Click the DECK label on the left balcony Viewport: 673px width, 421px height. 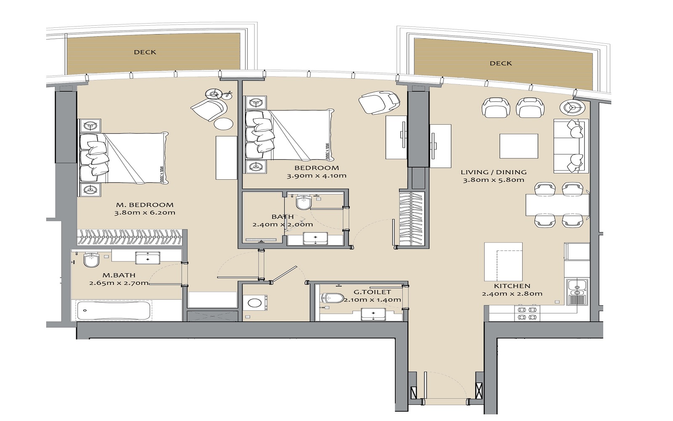[x=145, y=52]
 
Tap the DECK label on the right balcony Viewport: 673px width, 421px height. [x=501, y=63]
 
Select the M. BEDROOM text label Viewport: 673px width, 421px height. [x=145, y=205]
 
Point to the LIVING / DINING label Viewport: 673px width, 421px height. [x=493, y=172]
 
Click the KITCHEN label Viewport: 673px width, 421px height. [x=512, y=286]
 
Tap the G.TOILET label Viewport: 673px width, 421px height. [x=372, y=292]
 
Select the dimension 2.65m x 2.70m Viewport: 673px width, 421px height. [x=119, y=283]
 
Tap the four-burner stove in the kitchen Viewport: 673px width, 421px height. [x=527, y=314]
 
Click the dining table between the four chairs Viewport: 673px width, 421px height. [x=557, y=205]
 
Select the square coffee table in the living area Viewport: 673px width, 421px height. [x=519, y=146]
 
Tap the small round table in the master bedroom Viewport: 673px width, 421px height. [x=223, y=123]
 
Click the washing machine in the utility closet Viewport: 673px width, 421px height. [x=254, y=302]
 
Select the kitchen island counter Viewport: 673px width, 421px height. [x=503, y=261]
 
